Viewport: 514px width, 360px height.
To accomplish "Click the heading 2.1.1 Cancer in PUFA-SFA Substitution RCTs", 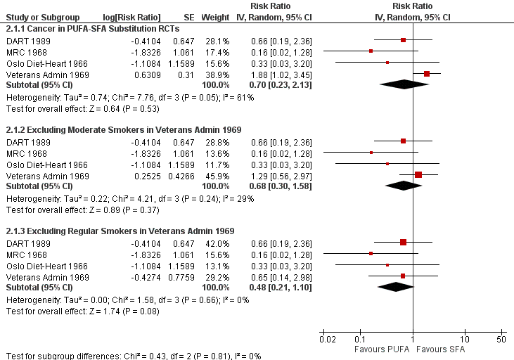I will click(93, 29).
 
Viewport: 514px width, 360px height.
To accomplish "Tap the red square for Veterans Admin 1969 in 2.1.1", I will click(427, 74).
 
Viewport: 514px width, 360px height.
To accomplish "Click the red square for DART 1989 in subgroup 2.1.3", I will click(403, 242).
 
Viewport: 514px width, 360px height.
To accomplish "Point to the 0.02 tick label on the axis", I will click(327, 340).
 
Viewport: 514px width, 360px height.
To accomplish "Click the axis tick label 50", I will click(501, 340).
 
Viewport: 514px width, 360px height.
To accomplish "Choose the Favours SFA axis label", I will click(442, 349).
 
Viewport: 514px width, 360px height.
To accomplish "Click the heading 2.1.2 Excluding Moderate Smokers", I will click(124, 130).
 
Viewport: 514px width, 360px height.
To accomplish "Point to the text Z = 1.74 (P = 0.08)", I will click(113, 310).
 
